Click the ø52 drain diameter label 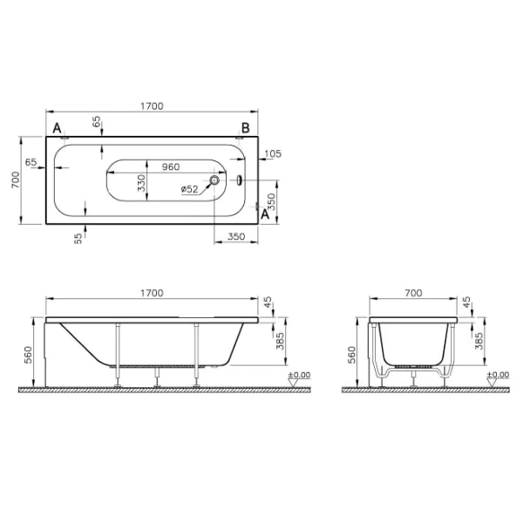(190, 189)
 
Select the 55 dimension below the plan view (78, 236)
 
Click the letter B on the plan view (246, 128)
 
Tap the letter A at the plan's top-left (58, 128)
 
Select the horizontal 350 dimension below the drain (235, 236)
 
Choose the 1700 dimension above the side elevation (152, 293)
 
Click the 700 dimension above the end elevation (416, 293)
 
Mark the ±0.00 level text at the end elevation (497, 375)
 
